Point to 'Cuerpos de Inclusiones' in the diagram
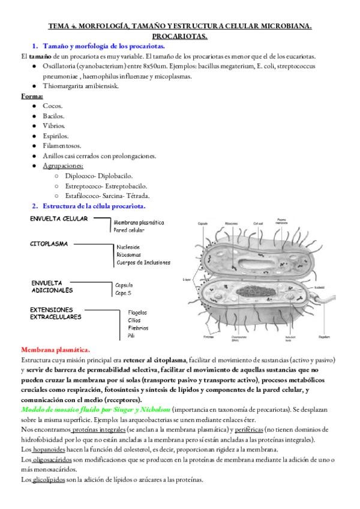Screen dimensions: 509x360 (143, 262)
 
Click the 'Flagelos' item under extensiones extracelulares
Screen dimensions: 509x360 (137, 312)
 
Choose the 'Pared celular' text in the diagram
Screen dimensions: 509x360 (129, 230)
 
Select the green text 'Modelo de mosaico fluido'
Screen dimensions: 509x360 (60, 408)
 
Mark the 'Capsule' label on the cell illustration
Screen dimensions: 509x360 (204, 224)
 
